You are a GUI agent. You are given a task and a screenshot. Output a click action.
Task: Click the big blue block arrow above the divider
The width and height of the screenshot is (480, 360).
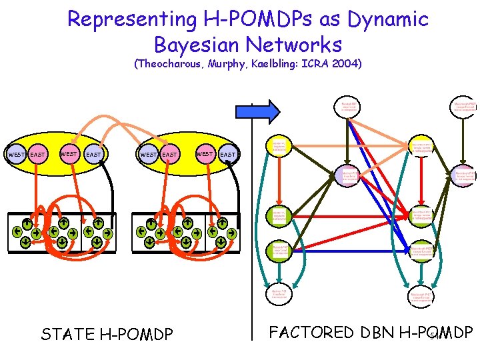(269, 111)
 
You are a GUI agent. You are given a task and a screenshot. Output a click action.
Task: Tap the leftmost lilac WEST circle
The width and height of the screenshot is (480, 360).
(15, 155)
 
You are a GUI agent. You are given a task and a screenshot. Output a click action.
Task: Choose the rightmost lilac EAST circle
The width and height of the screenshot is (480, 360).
(228, 155)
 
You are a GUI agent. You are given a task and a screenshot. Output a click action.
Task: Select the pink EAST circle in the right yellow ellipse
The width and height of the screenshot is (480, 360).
(170, 155)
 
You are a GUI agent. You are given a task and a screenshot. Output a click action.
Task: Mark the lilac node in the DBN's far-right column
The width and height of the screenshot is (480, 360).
(463, 175)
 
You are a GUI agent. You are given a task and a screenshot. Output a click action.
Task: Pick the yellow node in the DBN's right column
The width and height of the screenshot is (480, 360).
(421, 146)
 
